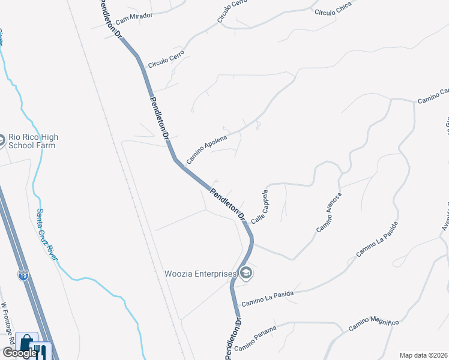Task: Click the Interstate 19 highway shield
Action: click(x=23, y=276)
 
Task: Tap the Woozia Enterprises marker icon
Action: click(x=246, y=274)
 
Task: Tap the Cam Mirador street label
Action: click(x=135, y=15)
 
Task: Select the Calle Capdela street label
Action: click(x=259, y=207)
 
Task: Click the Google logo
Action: click(x=19, y=353)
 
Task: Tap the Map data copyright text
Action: click(x=423, y=355)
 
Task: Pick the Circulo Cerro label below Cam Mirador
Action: click(x=166, y=58)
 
